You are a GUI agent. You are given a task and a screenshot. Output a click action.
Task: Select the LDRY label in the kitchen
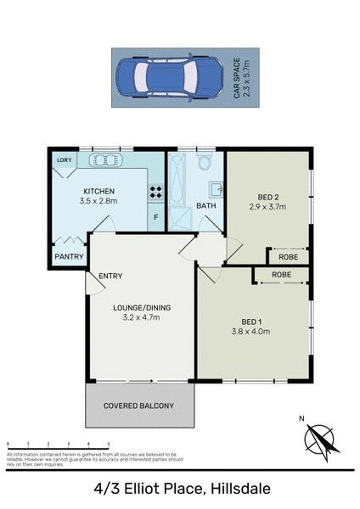[x=63, y=159]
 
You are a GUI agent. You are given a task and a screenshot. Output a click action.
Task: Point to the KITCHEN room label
[x=98, y=191]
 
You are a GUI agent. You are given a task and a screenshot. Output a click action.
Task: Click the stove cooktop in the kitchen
[x=155, y=192]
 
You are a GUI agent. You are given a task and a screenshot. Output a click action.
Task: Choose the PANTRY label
[x=68, y=256]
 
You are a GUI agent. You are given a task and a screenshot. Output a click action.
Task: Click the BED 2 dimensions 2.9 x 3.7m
[x=266, y=206]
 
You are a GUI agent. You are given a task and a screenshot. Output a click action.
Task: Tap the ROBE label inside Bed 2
[x=288, y=255]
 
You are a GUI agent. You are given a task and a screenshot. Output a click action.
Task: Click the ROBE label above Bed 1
[x=282, y=276]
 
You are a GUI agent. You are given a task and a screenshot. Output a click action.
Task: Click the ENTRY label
[x=111, y=276]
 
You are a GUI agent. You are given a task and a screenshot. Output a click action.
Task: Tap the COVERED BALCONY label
[x=138, y=406]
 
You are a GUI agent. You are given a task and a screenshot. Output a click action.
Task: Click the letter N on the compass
[x=301, y=418]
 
